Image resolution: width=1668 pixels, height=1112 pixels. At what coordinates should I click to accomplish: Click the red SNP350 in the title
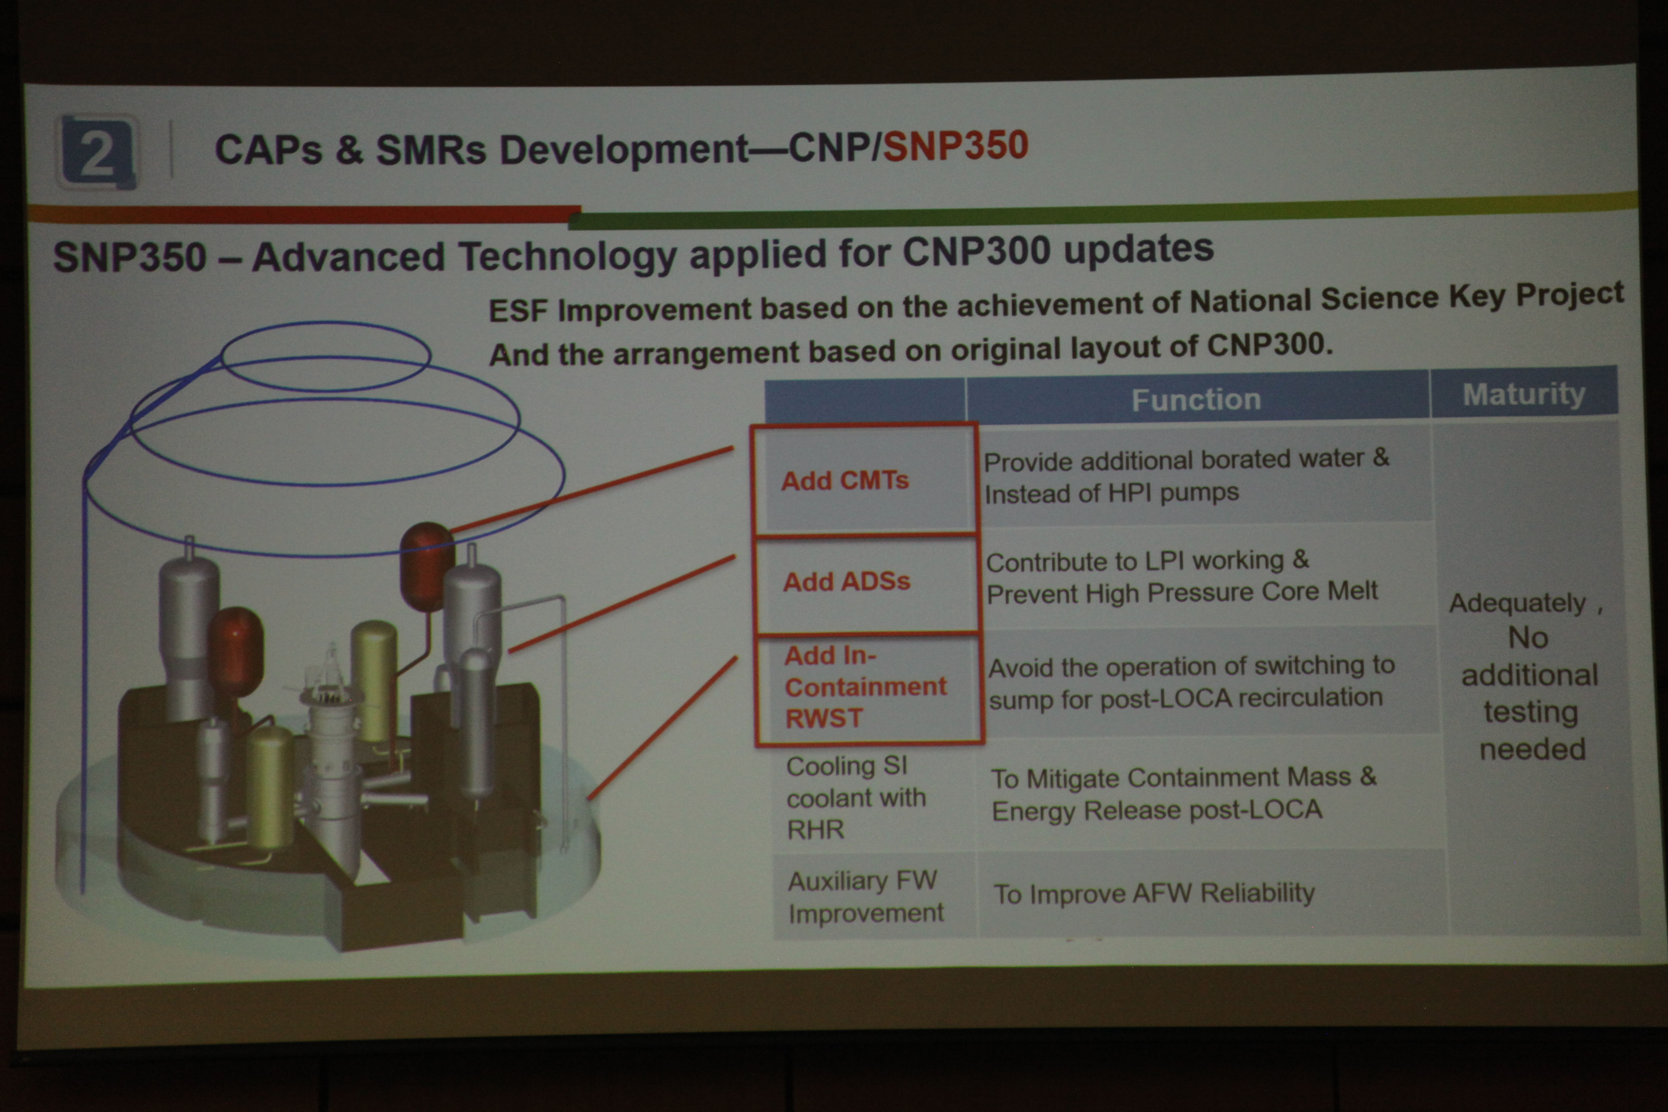(955, 146)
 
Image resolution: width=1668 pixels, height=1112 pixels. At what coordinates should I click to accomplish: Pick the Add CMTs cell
(865, 479)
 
